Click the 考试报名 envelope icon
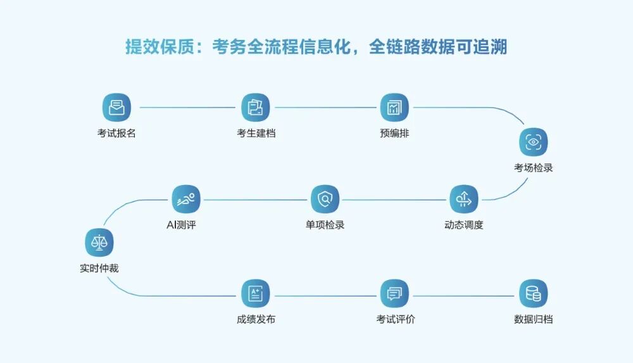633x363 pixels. click(x=116, y=107)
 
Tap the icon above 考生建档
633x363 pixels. click(x=256, y=107)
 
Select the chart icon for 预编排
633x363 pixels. click(x=395, y=107)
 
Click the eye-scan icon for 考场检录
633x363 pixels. click(x=534, y=142)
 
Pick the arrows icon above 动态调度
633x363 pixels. click(x=464, y=199)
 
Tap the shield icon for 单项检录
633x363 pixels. click(x=325, y=199)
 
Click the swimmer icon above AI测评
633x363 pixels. click(x=186, y=199)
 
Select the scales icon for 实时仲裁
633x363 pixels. click(x=99, y=242)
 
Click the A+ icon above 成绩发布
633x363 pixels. click(x=256, y=293)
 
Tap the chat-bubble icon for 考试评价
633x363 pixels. click(x=395, y=293)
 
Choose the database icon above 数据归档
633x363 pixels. click(x=534, y=293)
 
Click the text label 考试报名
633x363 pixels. click(x=116, y=134)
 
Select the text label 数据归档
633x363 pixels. click(x=534, y=320)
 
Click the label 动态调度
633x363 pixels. click(x=464, y=226)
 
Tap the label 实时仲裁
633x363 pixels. click(x=99, y=269)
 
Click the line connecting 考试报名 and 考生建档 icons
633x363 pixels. click(x=186, y=108)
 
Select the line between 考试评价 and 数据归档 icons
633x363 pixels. click(x=464, y=296)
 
